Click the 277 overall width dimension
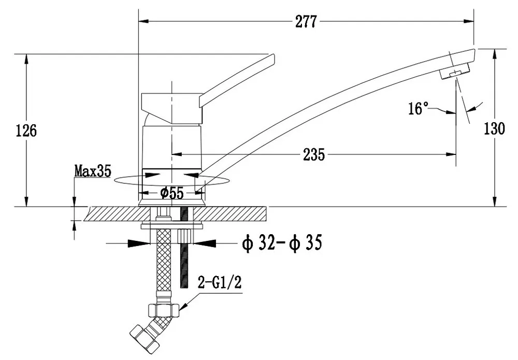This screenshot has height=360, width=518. coord(306,22)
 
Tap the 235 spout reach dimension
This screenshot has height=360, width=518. coord(314,154)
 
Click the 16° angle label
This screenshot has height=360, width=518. coord(419,108)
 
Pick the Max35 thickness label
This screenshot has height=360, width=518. coord(93,171)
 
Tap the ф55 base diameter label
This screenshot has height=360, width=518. coord(171,193)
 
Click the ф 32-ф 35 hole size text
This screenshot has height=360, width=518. coord(282,242)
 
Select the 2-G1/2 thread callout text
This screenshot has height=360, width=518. coord(220,283)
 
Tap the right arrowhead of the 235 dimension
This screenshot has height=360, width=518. coord(451,154)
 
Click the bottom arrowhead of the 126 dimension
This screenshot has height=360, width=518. coord(26,201)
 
